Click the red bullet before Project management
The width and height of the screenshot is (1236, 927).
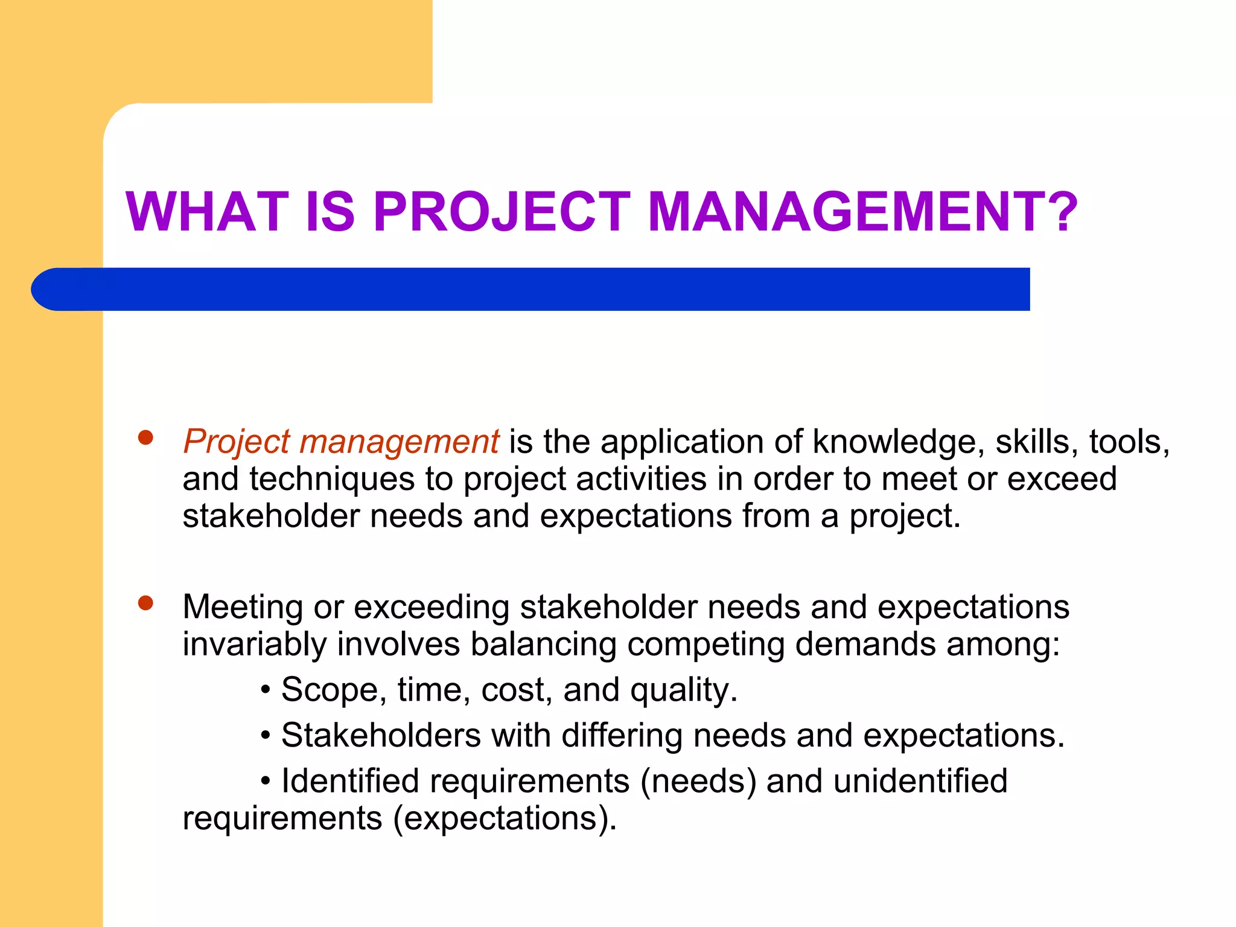[x=145, y=438]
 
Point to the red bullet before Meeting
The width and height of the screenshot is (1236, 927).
[x=145, y=603]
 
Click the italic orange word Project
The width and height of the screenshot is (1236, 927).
[x=237, y=442]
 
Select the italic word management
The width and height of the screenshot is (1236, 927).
[x=399, y=442]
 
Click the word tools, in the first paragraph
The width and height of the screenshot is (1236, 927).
[x=1129, y=442]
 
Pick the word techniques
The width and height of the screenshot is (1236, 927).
[x=332, y=480]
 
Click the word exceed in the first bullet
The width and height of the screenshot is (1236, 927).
[x=1062, y=480]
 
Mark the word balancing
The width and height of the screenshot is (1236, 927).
[x=543, y=645]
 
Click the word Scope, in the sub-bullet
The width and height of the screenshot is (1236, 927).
[x=334, y=690]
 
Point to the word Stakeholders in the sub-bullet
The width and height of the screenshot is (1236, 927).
[x=381, y=736]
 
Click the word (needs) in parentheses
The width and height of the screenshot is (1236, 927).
[x=698, y=782]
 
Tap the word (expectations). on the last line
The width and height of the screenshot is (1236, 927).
[x=505, y=819]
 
